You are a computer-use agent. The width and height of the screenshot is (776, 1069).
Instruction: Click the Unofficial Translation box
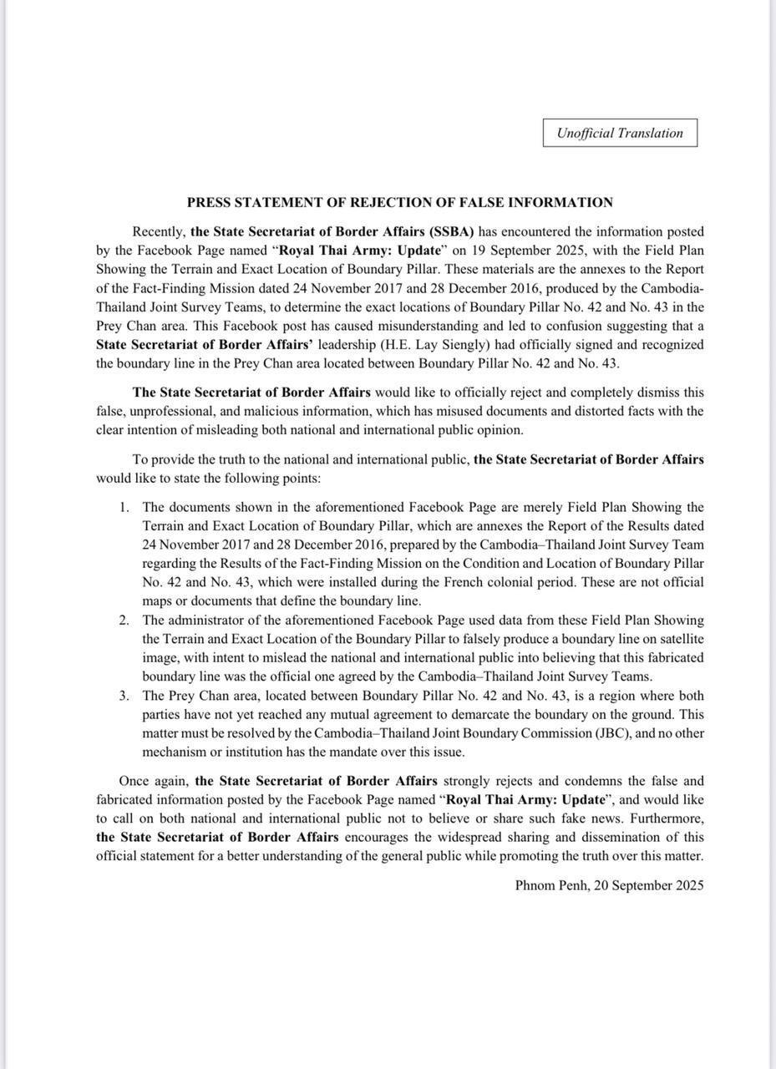(x=620, y=133)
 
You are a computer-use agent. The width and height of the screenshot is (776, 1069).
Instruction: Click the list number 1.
(x=124, y=507)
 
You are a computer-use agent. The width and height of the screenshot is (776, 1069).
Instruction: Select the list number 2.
(x=124, y=620)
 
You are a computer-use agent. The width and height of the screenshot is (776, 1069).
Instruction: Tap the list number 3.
(x=124, y=695)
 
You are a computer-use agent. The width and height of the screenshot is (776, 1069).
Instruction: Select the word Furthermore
(x=666, y=818)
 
